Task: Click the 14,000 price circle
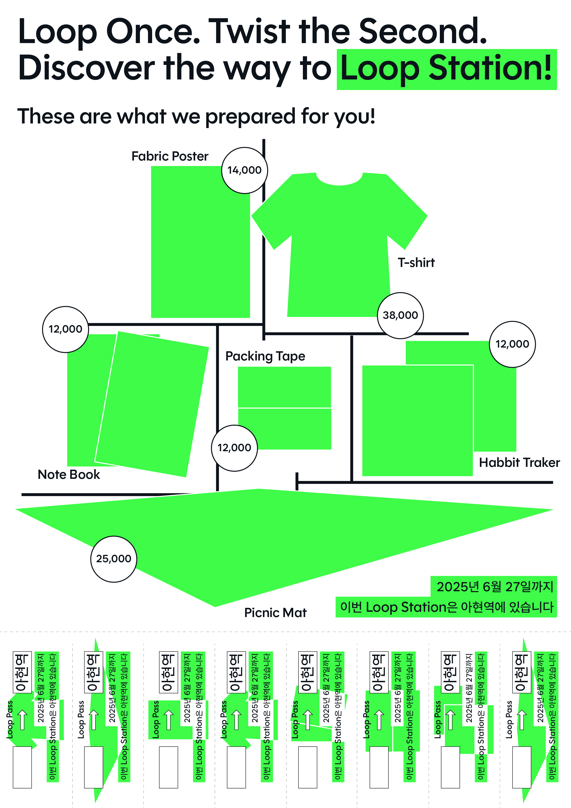[x=244, y=170]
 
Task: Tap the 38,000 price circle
[x=400, y=315]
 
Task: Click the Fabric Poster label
[x=170, y=156]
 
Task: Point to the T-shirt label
[x=416, y=263]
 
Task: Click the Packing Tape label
[x=265, y=356]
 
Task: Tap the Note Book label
[x=69, y=474]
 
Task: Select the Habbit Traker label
[x=519, y=463]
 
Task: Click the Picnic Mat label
[x=275, y=613]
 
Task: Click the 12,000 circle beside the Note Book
[x=65, y=329]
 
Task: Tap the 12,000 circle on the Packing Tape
[x=234, y=448]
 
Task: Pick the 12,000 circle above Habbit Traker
[x=512, y=344]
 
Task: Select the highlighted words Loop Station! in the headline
[x=446, y=69]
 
